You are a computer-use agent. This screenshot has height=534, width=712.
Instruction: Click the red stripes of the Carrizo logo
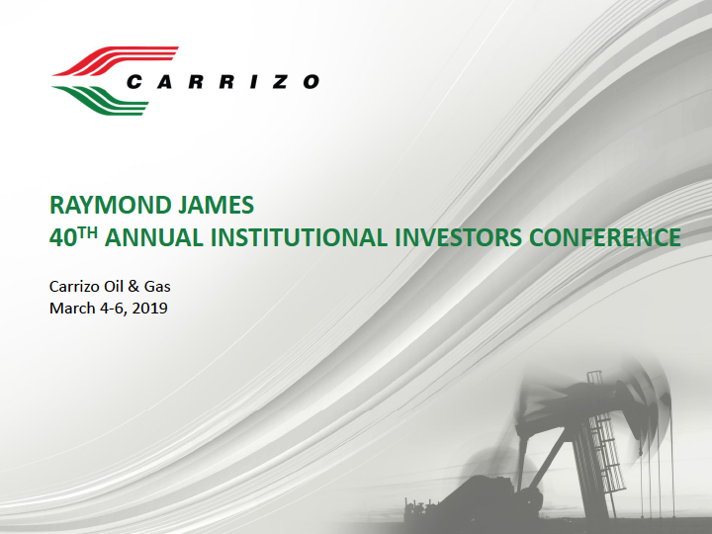click(x=116, y=60)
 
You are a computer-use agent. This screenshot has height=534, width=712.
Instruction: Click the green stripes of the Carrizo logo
click(x=101, y=100)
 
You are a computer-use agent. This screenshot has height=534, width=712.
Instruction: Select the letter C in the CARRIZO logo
click(x=134, y=82)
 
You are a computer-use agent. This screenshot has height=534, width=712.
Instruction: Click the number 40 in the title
click(x=62, y=238)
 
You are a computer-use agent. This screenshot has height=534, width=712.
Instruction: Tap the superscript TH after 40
click(x=88, y=233)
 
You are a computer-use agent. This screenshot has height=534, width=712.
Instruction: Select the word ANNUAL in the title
click(x=154, y=238)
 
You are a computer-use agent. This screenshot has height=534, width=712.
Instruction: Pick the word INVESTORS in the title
click(x=458, y=238)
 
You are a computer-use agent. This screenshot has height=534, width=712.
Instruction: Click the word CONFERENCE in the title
click(x=605, y=238)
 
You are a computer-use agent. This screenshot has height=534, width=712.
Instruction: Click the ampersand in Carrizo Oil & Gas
click(x=133, y=287)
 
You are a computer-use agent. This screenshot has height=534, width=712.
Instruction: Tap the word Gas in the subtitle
click(x=157, y=287)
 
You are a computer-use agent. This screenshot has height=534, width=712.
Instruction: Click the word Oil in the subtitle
click(x=113, y=287)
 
